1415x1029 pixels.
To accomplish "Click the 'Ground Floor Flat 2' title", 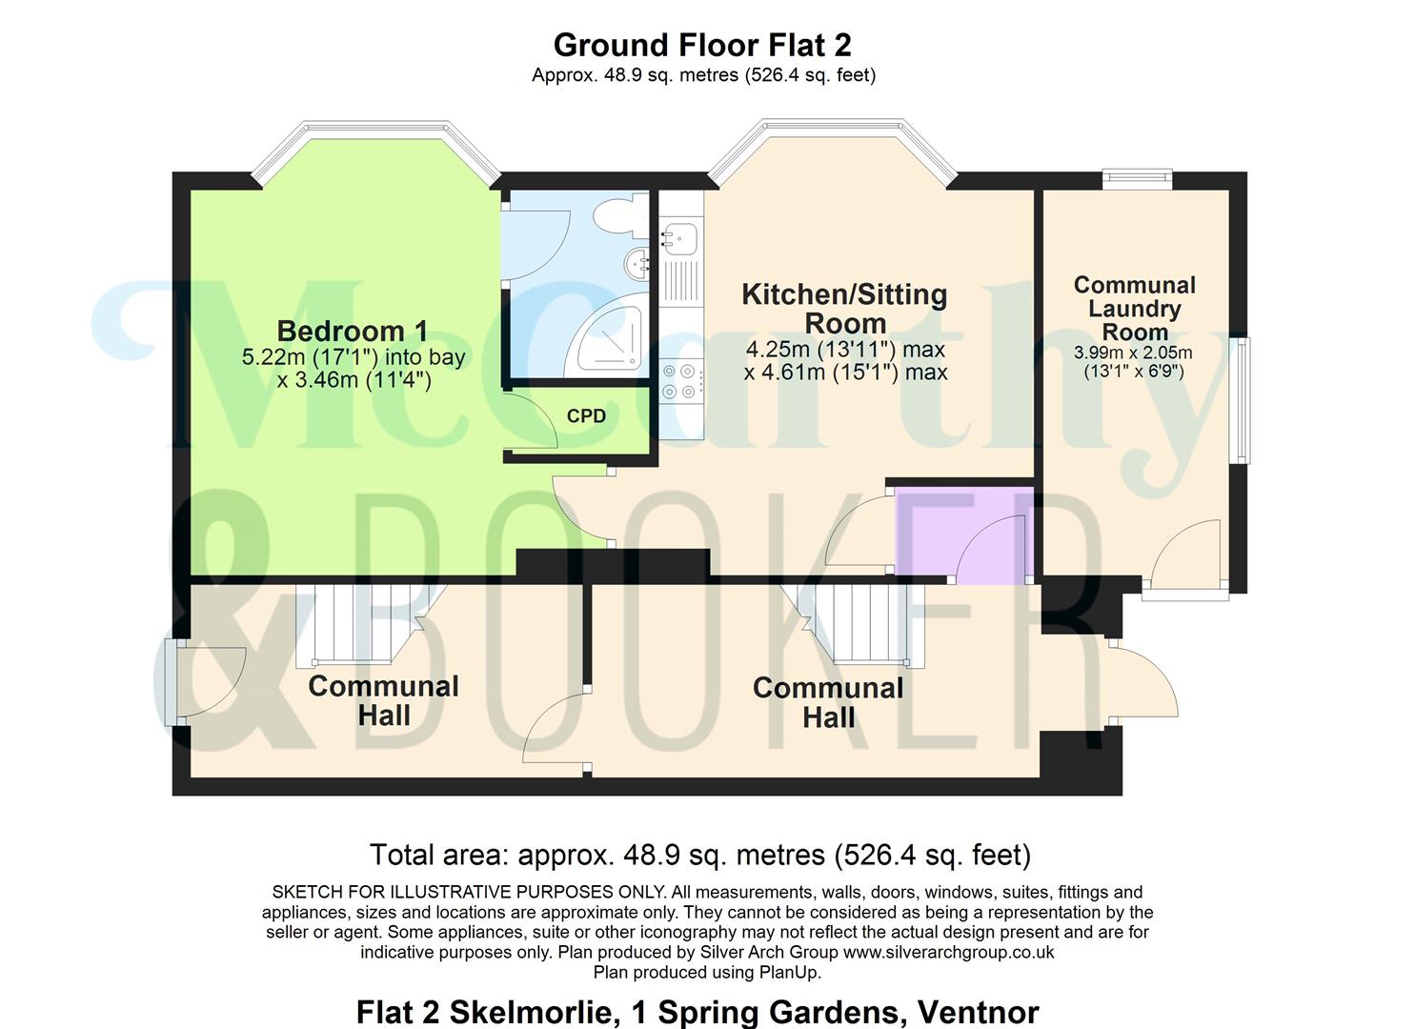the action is [702, 46].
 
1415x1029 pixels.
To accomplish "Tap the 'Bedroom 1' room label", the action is [353, 331].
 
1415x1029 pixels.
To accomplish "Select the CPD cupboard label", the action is [586, 415].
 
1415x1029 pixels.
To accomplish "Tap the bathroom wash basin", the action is [637, 263].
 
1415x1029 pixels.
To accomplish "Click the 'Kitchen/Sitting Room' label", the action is [844, 309].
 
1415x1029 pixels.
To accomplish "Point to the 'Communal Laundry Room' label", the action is [1135, 309].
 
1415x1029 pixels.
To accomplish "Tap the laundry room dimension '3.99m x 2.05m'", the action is [1133, 353].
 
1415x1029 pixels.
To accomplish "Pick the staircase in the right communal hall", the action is [853, 623].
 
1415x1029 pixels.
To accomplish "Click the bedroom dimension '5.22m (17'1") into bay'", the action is [354, 357].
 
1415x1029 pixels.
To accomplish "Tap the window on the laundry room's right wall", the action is [1243, 400].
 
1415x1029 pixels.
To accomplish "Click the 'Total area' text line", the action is [700, 855].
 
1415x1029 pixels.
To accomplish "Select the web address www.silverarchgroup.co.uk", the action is [948, 952].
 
